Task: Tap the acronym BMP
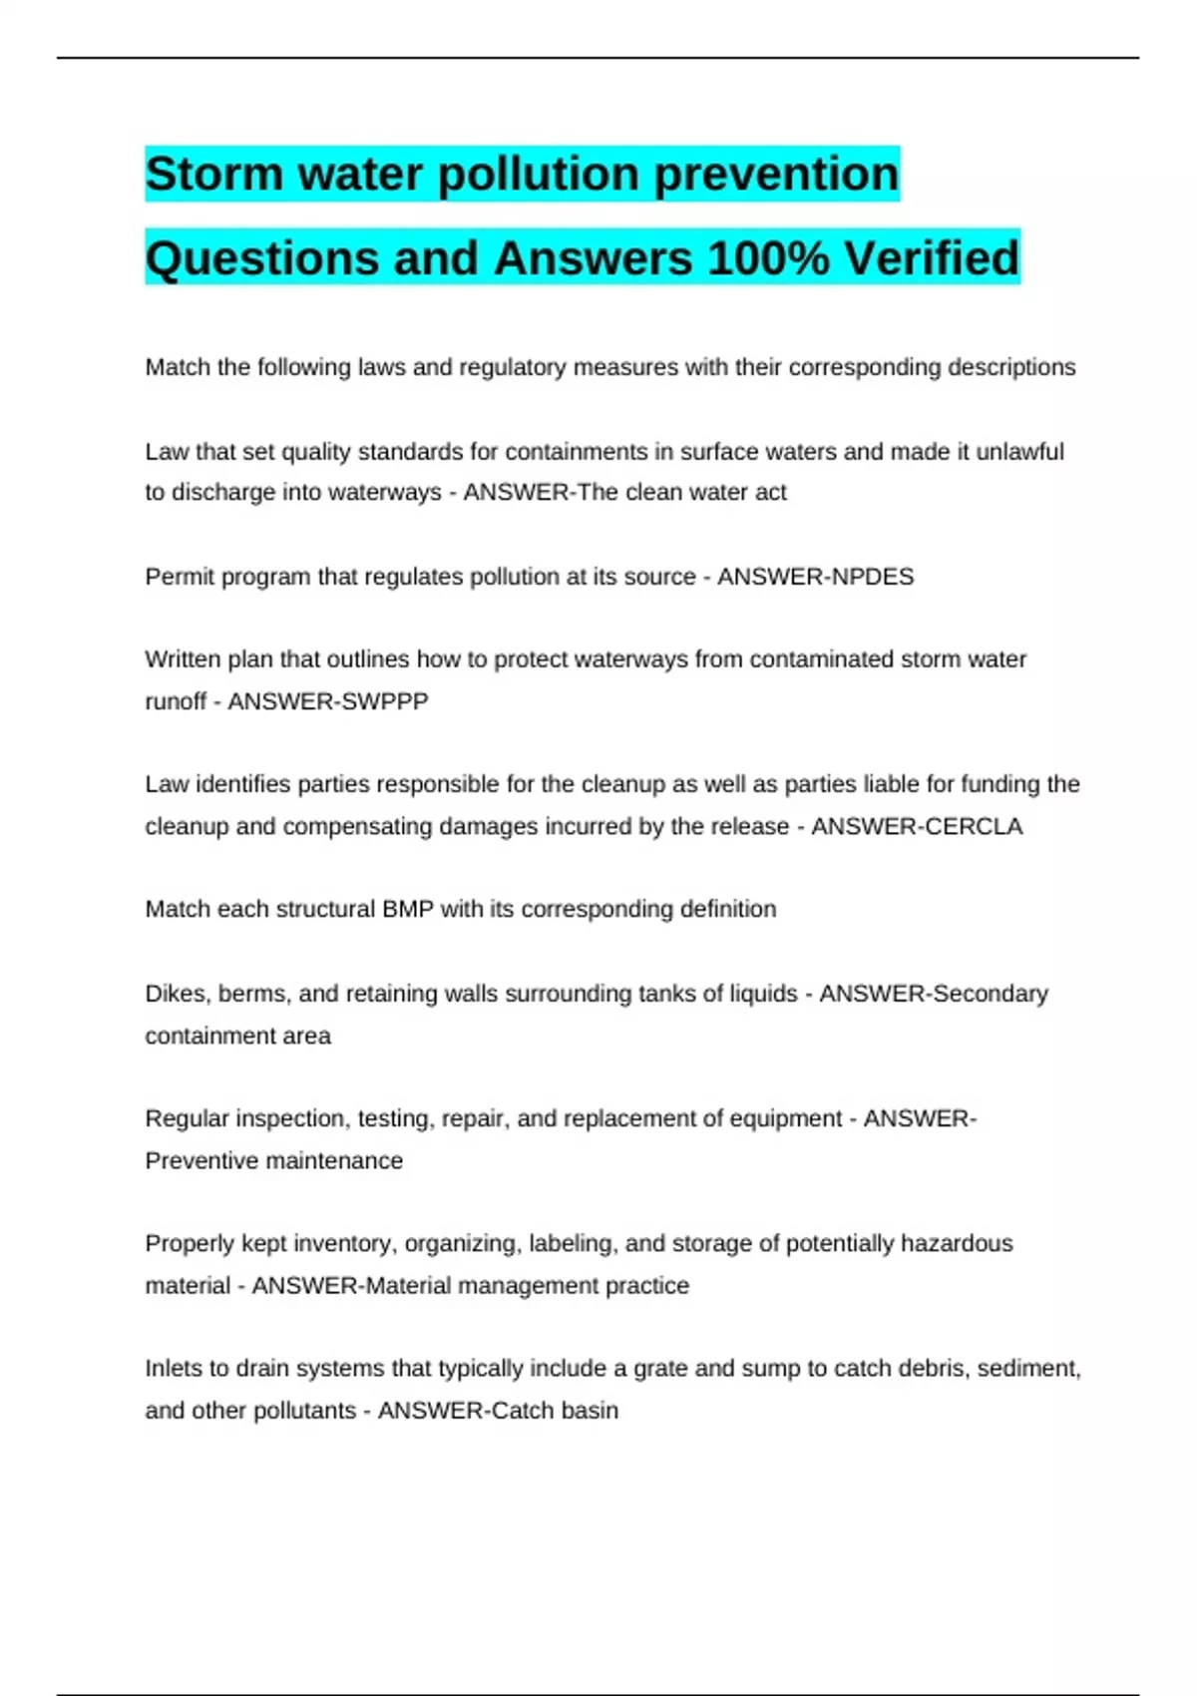point(407,909)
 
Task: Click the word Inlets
point(174,1368)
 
